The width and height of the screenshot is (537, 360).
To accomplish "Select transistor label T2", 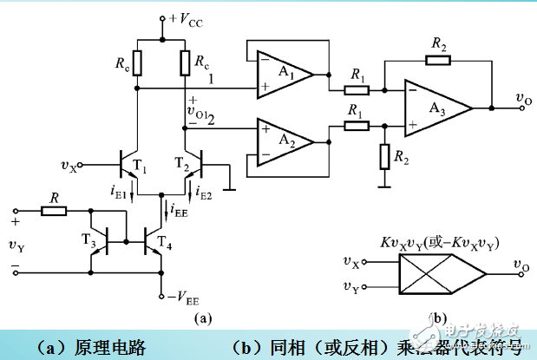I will [x=181, y=162].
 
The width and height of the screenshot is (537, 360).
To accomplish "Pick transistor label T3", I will [x=88, y=242].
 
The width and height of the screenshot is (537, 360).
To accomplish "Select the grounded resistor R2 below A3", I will [x=383, y=157].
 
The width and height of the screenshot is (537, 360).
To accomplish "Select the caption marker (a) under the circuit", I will [x=201, y=318].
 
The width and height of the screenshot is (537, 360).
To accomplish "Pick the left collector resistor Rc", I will [x=137, y=64].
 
